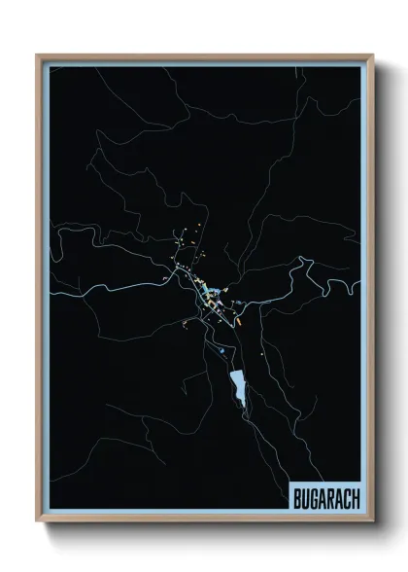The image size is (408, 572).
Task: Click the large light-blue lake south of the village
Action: [x=235, y=387]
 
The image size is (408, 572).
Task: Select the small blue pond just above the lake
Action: [x=222, y=349]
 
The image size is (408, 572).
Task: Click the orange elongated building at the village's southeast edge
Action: [x=240, y=316]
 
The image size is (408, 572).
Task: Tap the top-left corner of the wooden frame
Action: [x=38, y=55]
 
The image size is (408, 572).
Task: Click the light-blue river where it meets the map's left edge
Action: [x=52, y=292]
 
